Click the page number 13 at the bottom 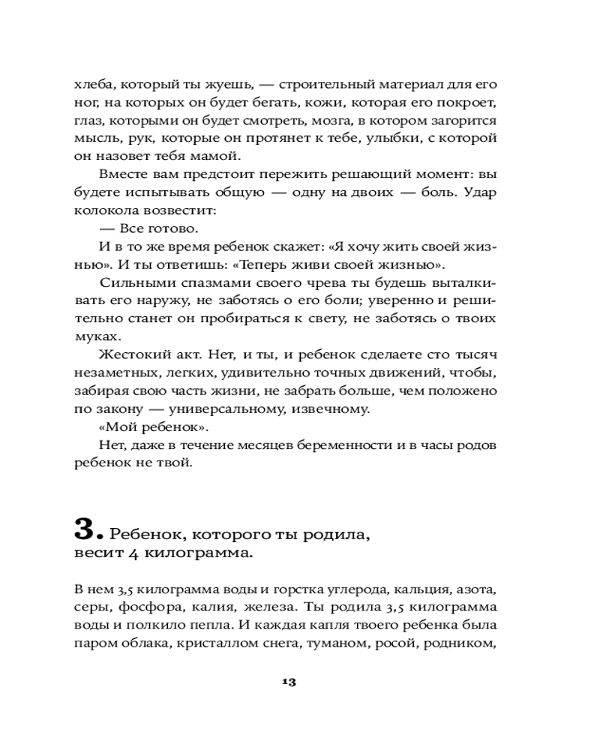[x=289, y=682]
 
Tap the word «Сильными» [x=133, y=283]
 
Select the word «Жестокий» [x=132, y=355]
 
